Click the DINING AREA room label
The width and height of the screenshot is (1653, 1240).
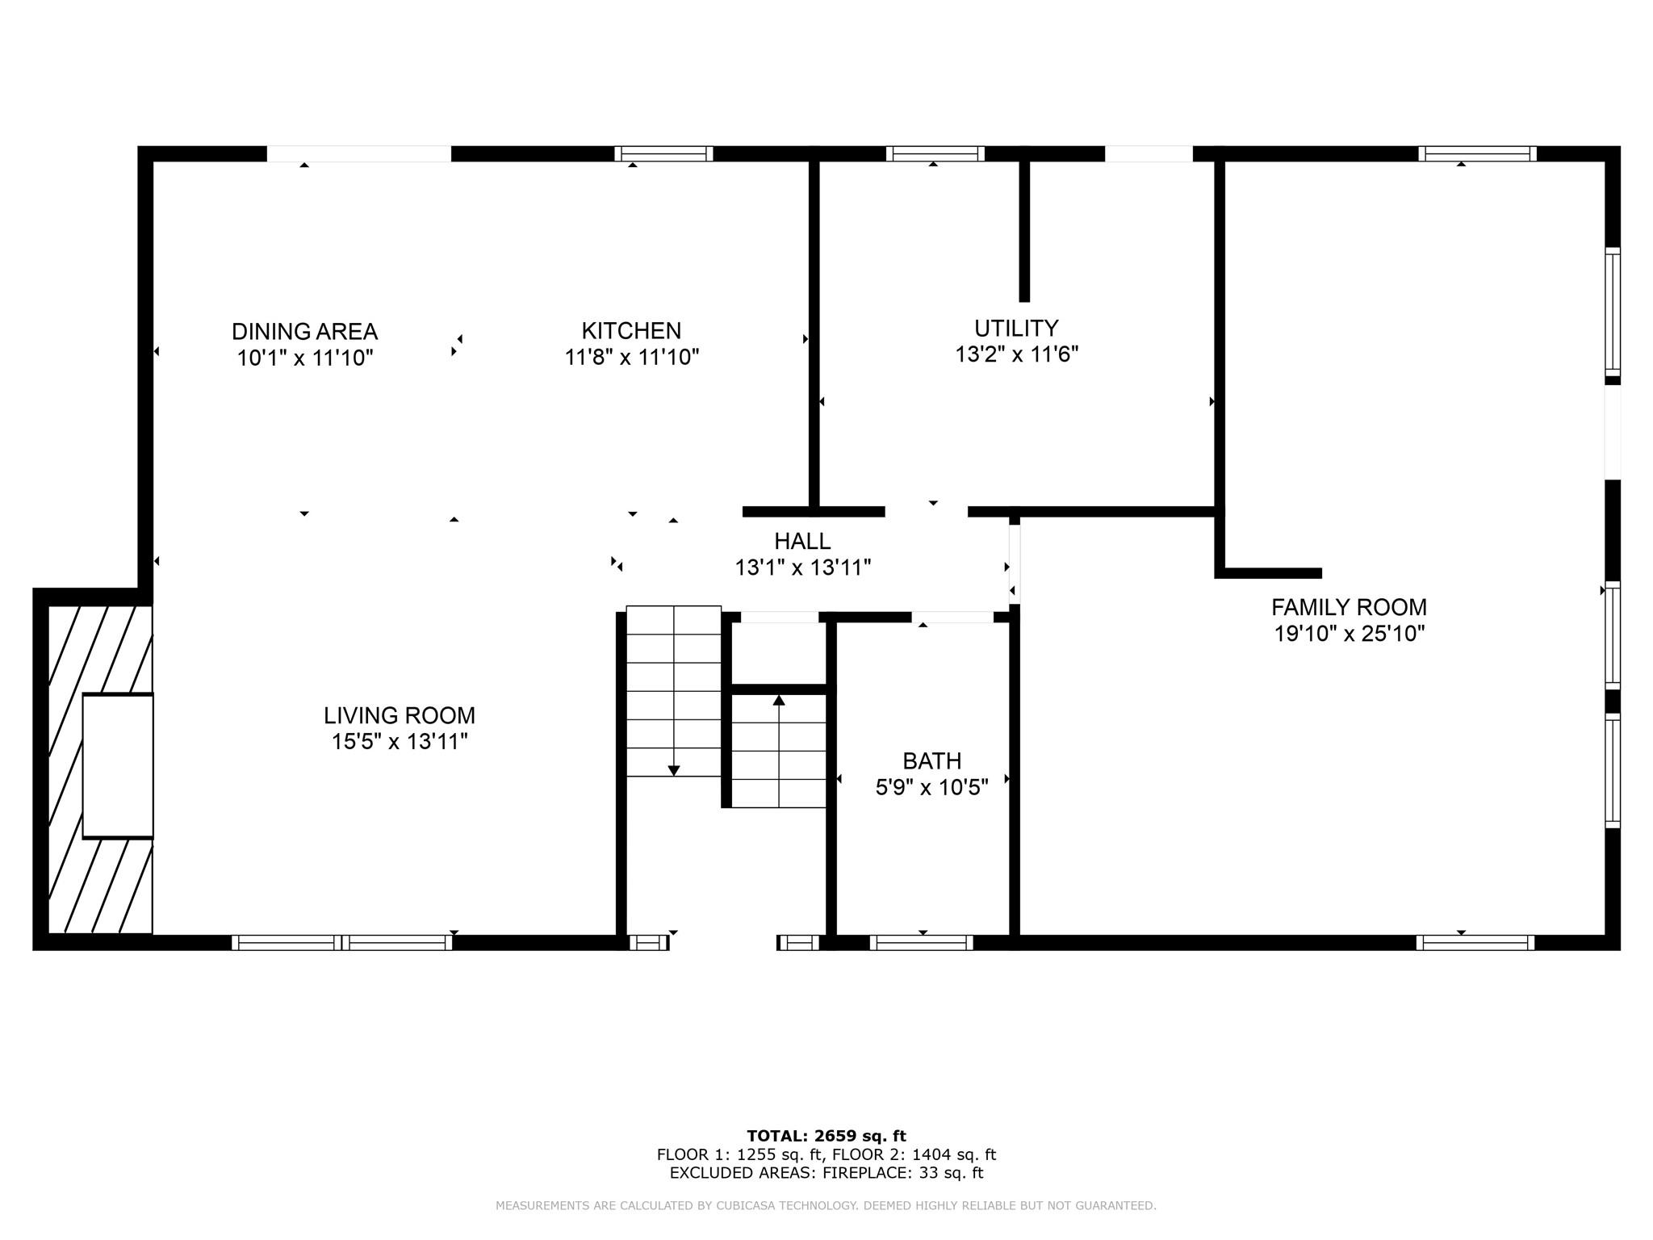click(304, 332)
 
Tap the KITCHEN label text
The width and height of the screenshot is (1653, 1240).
click(631, 331)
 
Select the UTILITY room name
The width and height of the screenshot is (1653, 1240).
click(1016, 329)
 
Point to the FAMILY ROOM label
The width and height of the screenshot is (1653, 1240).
click(1349, 607)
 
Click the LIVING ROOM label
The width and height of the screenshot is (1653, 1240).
click(400, 715)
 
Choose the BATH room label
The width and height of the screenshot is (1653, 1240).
click(931, 761)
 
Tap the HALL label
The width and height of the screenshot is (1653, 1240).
click(802, 541)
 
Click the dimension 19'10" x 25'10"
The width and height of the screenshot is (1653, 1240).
click(1349, 634)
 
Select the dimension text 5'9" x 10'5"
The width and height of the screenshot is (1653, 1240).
click(931, 787)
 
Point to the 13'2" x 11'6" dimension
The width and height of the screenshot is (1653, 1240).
click(1016, 354)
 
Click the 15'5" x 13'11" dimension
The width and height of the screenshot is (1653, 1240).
click(400, 741)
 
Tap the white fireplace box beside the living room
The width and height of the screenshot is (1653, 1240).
click(118, 765)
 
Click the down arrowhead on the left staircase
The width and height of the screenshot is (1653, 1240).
click(674, 771)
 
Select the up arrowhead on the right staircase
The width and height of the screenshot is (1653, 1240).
click(779, 700)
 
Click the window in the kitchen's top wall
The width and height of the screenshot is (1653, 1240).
click(663, 153)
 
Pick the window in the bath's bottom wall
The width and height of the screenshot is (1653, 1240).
click(921, 942)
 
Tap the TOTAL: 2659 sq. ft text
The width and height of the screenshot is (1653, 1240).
click(826, 1136)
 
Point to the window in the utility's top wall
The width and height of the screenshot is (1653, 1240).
click(935, 153)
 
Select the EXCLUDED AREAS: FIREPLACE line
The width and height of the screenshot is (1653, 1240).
click(826, 1173)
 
